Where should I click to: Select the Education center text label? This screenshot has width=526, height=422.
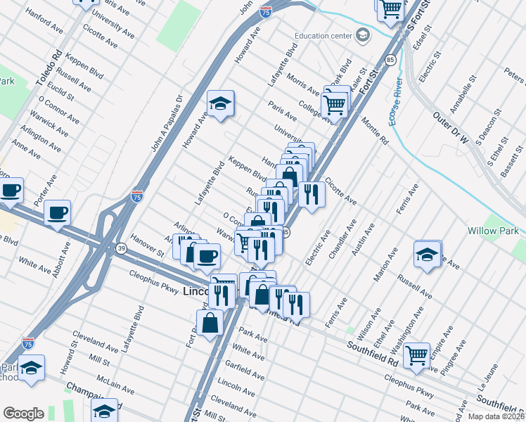coord(323,36)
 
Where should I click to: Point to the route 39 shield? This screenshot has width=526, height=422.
coord(122,248)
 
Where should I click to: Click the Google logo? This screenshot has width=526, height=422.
coord(23,414)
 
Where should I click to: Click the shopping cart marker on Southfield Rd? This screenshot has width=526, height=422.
coord(417,354)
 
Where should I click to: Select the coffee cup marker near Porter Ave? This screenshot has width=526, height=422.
coord(57,212)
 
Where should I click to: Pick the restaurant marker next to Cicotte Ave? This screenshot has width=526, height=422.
coord(312,193)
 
